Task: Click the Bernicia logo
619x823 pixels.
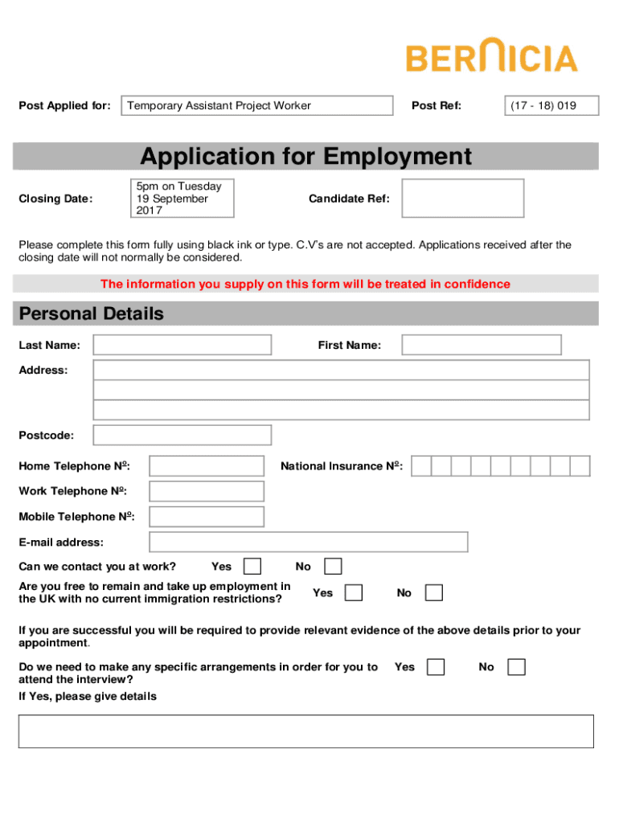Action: [x=491, y=58]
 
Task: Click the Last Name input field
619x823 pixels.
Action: [x=182, y=345]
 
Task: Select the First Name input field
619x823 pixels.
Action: [x=482, y=345]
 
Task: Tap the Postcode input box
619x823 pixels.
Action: [x=182, y=435]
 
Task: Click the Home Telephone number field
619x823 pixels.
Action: [x=207, y=466]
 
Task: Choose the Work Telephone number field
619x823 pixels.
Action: [x=207, y=491]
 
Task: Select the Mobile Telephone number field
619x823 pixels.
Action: [x=207, y=516]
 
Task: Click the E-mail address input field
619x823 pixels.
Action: [x=309, y=542]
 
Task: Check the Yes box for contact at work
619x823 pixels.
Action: [x=252, y=567]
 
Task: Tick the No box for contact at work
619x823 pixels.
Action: [x=333, y=567]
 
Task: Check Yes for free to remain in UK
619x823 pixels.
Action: [x=353, y=592]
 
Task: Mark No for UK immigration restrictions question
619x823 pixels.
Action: [x=433, y=592]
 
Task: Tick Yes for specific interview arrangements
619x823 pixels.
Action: [x=436, y=667]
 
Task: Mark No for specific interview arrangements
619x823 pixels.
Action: [x=517, y=667]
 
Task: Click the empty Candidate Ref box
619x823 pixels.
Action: [x=463, y=198]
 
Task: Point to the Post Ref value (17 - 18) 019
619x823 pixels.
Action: [x=543, y=105]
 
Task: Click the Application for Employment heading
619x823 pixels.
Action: [x=306, y=156]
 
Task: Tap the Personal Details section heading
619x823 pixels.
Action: [x=91, y=313]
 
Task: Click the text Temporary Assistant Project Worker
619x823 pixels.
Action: [x=219, y=105]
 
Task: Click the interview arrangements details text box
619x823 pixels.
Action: [x=306, y=731]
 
